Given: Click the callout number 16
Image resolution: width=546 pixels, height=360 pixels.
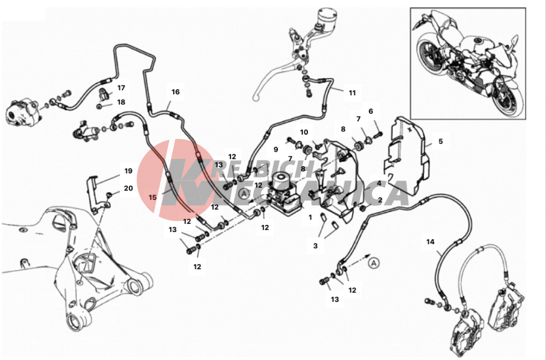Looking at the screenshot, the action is [176, 92].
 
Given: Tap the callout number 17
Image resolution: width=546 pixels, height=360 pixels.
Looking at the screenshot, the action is [121, 88].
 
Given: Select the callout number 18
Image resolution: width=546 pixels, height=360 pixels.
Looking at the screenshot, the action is [121, 102].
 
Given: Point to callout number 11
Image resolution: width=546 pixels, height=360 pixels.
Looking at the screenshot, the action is [352, 93].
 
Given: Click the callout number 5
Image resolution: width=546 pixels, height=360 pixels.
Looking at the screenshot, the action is [440, 141].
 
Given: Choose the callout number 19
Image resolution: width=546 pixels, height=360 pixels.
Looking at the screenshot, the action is [128, 171].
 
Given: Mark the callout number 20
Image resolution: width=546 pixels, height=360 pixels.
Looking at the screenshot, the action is [128, 188].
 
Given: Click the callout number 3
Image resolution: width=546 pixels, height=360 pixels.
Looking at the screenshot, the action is [316, 246].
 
